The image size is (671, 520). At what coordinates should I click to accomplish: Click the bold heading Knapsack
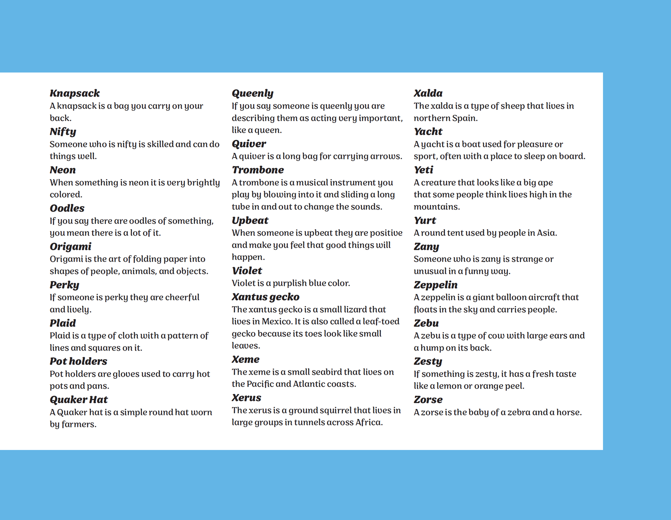pos(74,93)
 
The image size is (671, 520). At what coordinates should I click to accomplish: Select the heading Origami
pos(70,246)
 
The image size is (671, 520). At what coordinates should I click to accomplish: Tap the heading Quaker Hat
pos(79,400)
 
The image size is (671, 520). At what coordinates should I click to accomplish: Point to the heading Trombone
pos(258,170)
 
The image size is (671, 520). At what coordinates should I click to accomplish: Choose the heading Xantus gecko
pos(266,297)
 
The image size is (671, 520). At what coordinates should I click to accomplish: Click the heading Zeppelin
pos(435,285)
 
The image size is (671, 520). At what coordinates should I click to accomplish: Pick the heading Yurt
pos(425,220)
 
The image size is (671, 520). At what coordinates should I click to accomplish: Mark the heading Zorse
pos(428,400)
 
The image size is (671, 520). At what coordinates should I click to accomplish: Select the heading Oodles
pos(67,208)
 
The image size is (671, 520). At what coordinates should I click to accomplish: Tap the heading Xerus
pos(246,398)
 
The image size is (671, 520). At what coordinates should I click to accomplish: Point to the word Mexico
pos(277,322)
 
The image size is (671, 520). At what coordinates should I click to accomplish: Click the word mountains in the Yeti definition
pos(436,207)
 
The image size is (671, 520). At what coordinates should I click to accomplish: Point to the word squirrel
pos(333,410)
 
